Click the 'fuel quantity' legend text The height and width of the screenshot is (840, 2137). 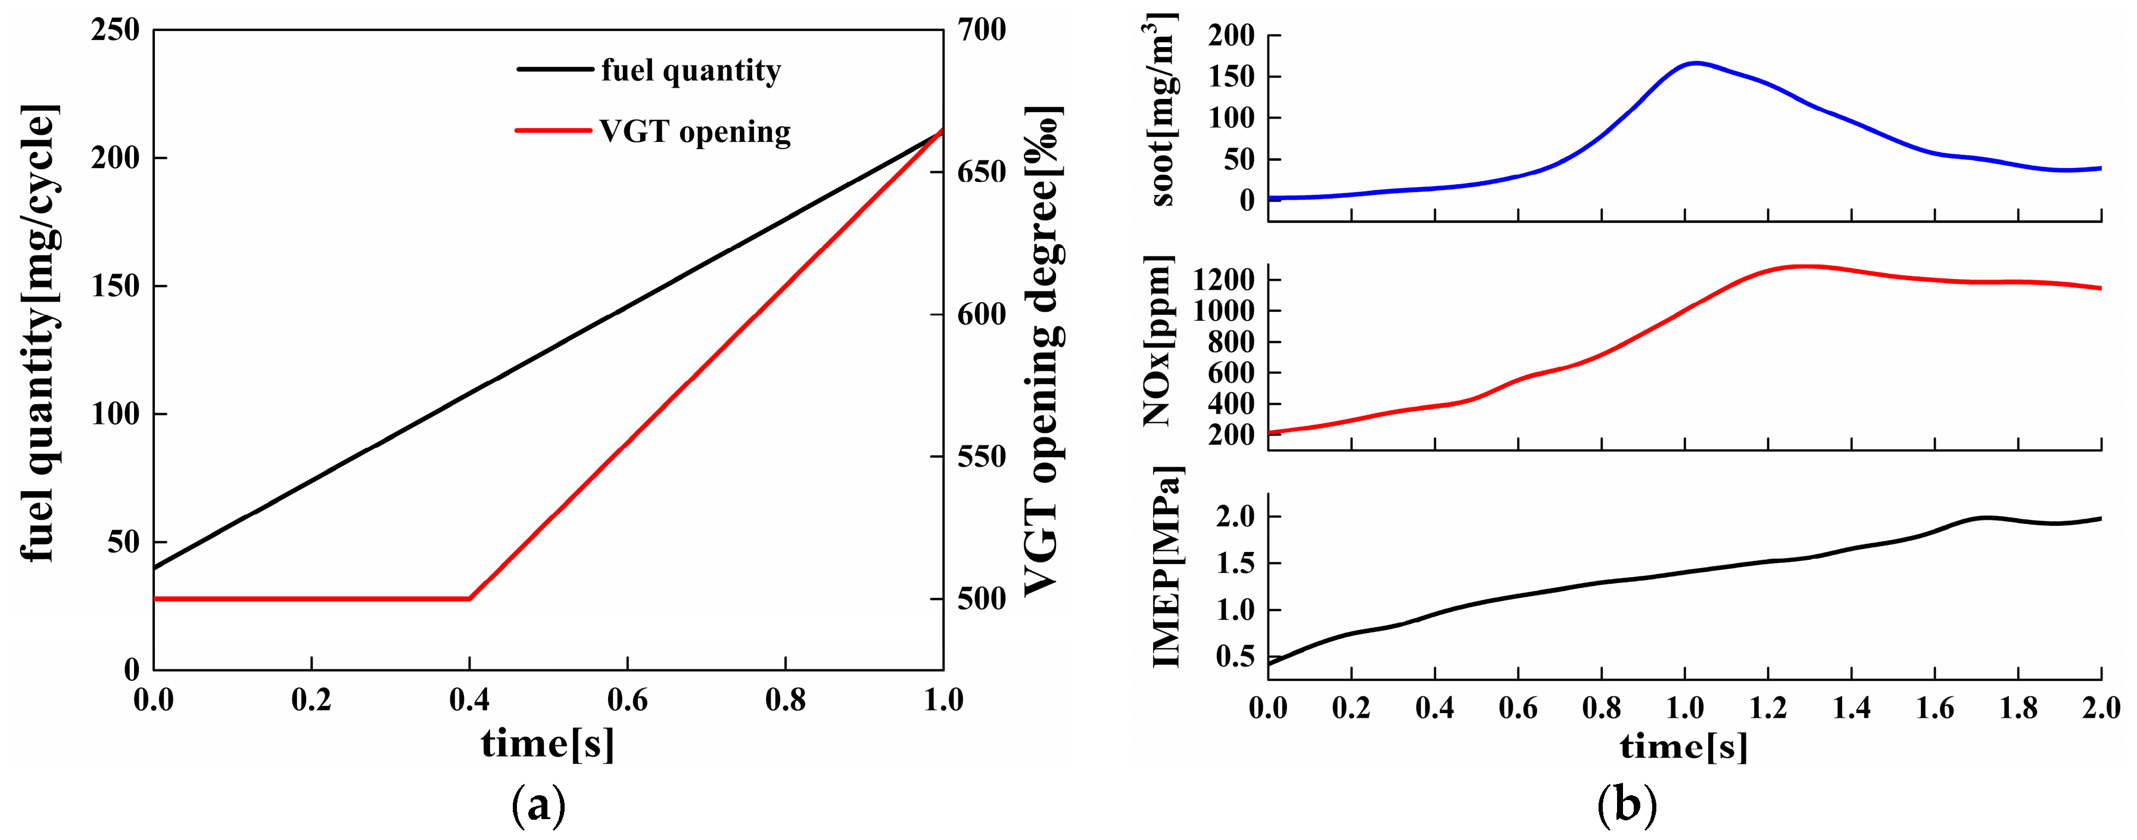[x=690, y=70]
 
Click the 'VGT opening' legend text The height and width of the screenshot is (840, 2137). [x=695, y=132]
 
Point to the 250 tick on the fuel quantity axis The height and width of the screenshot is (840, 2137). [x=116, y=30]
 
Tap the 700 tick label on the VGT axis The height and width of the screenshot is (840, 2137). [x=982, y=30]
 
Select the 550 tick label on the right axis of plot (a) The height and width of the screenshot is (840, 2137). [x=982, y=457]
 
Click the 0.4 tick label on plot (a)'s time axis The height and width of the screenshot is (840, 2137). [x=469, y=700]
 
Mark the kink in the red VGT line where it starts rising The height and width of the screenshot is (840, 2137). [x=469, y=599]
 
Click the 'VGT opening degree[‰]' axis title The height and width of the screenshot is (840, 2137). [x=1043, y=351]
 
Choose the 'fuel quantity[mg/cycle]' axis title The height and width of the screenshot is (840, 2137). [x=38, y=334]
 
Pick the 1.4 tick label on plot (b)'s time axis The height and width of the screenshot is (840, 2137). [x=1852, y=708]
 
